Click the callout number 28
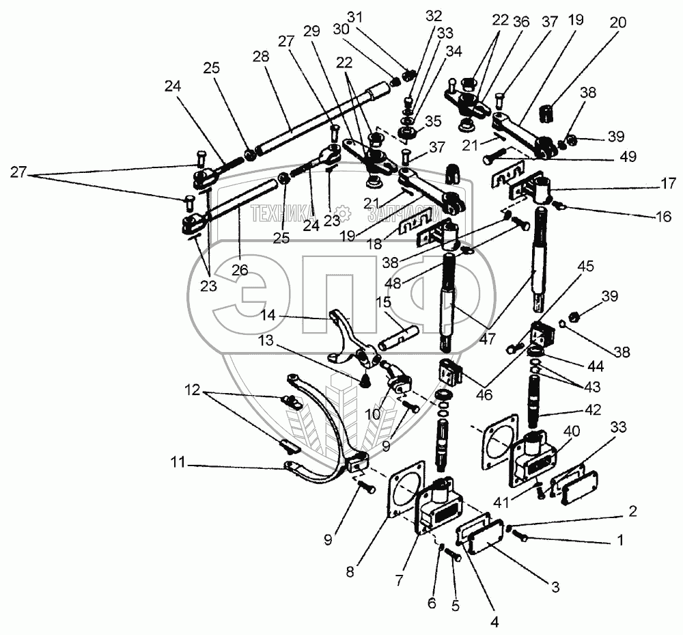pos(261,57)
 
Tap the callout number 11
pos(178,461)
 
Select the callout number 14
pos(268,314)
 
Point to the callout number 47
pos(486,338)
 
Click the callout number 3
pos(555,586)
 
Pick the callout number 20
pos(617,22)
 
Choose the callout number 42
pos(593,409)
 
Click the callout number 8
pos(350,571)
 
